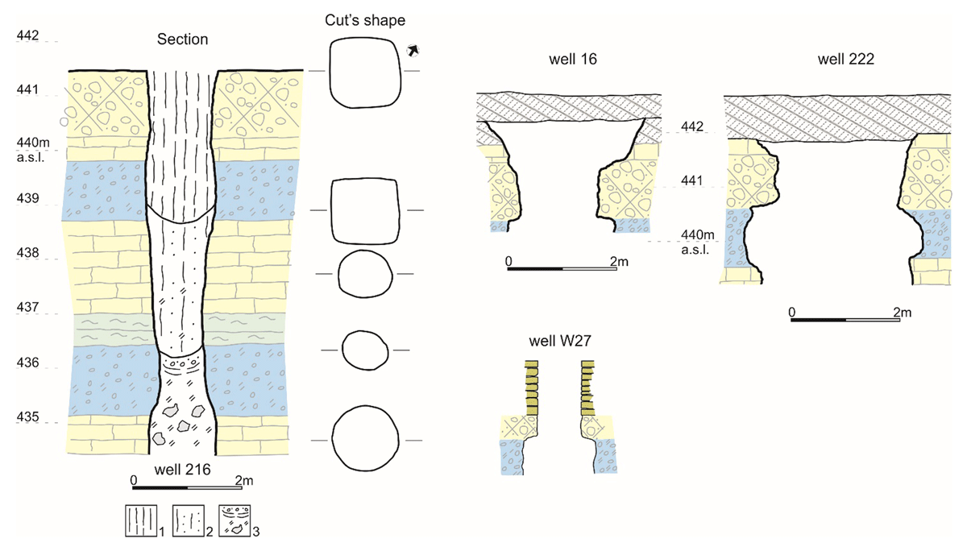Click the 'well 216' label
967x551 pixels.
[x=181, y=470]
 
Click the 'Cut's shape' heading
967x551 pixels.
[x=365, y=19]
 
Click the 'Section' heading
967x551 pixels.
[x=182, y=39]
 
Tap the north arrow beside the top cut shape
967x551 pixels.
[x=413, y=51]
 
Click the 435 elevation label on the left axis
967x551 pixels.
[x=28, y=417]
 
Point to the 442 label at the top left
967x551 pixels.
[x=28, y=36]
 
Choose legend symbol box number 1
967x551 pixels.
[x=139, y=520]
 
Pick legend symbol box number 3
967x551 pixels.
[x=234, y=520]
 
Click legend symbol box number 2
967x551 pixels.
[x=187, y=520]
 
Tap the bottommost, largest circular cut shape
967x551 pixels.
[x=366, y=440]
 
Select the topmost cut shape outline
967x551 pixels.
[x=365, y=72]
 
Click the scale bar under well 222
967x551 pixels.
[x=845, y=320]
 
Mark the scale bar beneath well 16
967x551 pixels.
[x=562, y=268]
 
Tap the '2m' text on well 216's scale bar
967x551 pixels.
[x=243, y=480]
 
